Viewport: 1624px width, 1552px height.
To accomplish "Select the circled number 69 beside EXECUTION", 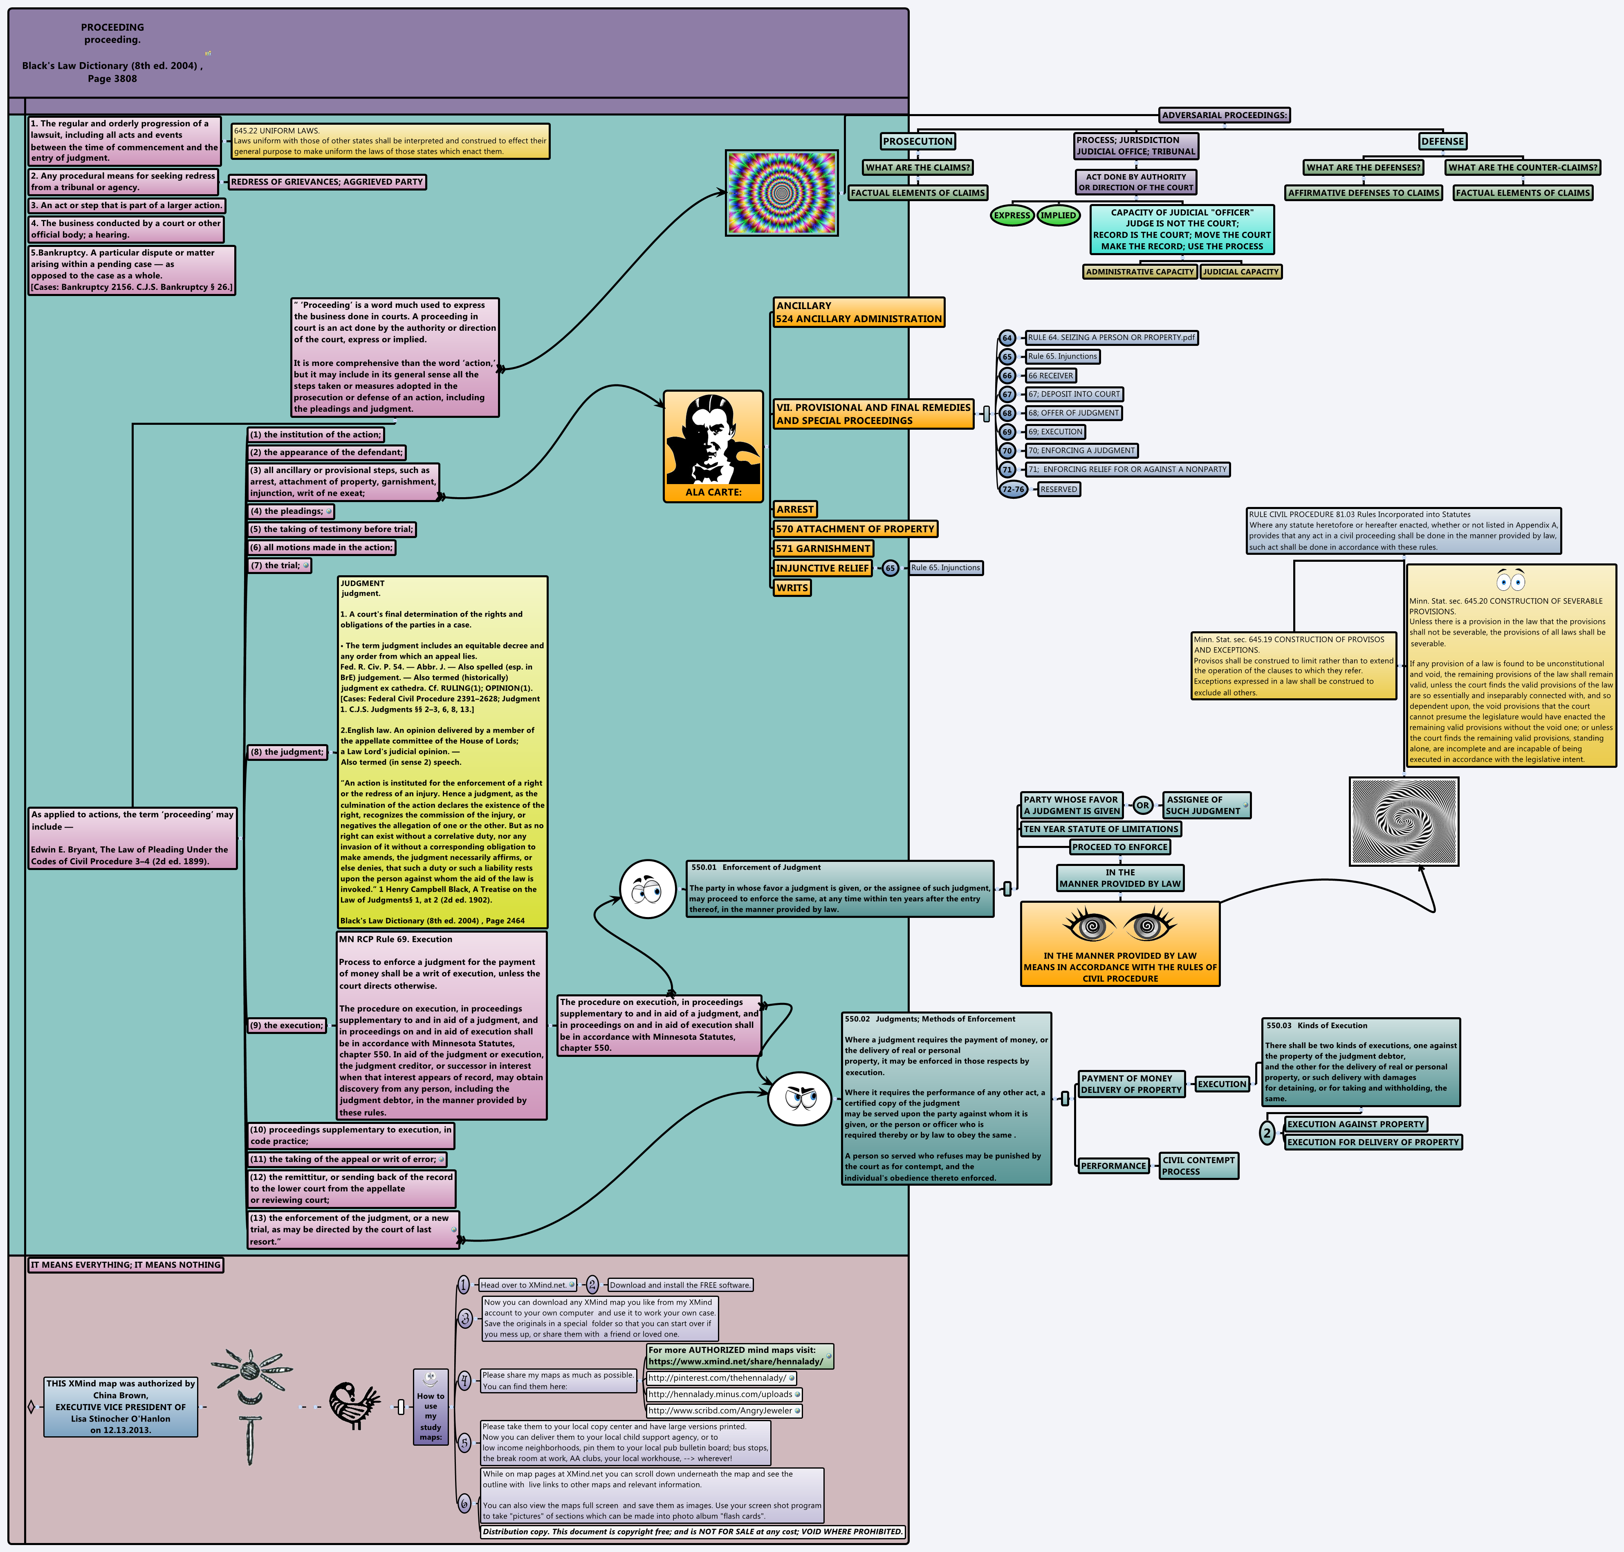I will (1007, 432).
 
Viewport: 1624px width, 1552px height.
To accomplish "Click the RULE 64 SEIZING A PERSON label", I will (1111, 338).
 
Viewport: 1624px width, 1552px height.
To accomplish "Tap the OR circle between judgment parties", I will (1142, 805).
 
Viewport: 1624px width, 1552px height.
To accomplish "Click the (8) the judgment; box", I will (287, 752).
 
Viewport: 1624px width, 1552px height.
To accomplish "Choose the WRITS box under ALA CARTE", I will (792, 588).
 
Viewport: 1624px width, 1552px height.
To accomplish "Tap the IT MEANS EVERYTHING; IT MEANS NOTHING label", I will (126, 1265).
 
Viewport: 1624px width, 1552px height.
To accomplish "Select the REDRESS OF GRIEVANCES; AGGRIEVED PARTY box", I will (327, 182).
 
